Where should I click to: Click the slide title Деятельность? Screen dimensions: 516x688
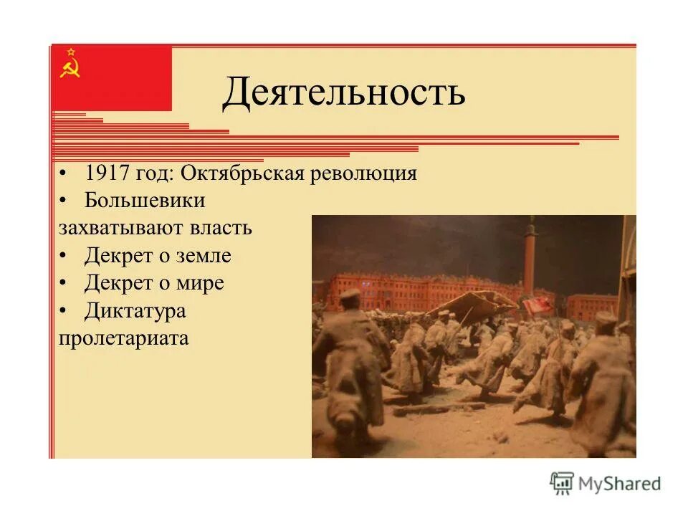tap(343, 94)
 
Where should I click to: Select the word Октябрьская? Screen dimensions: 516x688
tap(243, 174)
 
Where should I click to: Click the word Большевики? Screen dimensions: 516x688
tap(145, 201)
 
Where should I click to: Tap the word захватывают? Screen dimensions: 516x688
tap(122, 228)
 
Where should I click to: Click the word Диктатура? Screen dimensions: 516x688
tap(135, 310)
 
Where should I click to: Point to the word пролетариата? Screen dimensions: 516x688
tap(123, 338)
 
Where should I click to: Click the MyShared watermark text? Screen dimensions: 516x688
tap(620, 484)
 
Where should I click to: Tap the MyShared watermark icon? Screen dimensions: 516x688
tap(562, 484)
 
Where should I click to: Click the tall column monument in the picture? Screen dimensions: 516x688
tap(530, 258)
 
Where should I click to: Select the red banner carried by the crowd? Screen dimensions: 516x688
tap(537, 305)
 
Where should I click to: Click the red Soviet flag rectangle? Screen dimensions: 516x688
tap(112, 77)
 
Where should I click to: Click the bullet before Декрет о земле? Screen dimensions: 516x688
tap(64, 256)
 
